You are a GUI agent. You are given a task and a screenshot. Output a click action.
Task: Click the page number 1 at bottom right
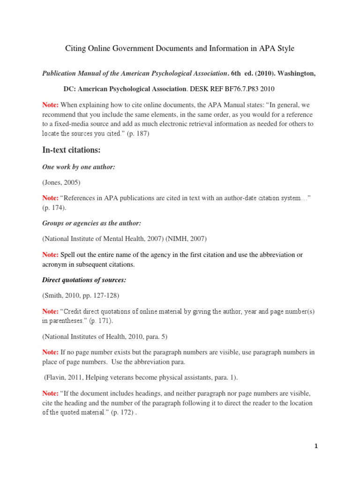click(316, 446)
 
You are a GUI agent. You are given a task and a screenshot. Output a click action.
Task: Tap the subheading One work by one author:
click(78, 167)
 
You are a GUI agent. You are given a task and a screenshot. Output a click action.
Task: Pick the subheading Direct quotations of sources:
click(85, 280)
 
